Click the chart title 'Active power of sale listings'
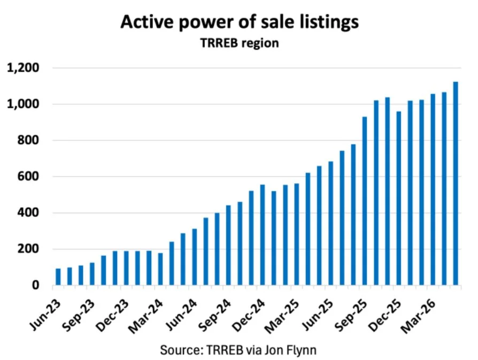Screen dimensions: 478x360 click(x=240, y=22)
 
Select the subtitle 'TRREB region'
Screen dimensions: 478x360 click(x=240, y=43)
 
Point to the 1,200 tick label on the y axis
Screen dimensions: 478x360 click(x=23, y=68)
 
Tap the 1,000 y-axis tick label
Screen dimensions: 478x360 click(x=23, y=104)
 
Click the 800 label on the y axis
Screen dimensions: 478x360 click(x=28, y=140)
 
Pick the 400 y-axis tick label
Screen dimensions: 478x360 click(x=28, y=213)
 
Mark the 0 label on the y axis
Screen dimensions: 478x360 click(x=36, y=285)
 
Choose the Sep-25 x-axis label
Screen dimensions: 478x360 click(x=351, y=316)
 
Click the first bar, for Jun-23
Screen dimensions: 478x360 click(x=58, y=277)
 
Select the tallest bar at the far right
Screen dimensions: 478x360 click(x=456, y=183)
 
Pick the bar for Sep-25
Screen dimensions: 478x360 click(x=365, y=201)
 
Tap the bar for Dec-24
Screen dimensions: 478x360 click(x=263, y=235)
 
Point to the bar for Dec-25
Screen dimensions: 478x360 click(x=399, y=198)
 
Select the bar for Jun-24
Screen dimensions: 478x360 click(x=195, y=257)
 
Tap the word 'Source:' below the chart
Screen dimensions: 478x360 click(x=182, y=350)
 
